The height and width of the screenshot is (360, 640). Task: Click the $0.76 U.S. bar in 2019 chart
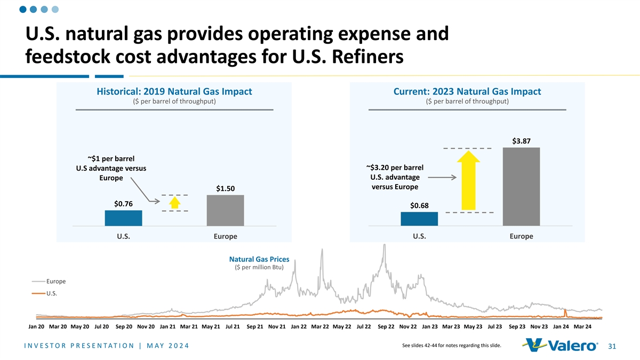pyautogui.click(x=123, y=218)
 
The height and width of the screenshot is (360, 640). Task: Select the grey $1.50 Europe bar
pyautogui.click(x=225, y=210)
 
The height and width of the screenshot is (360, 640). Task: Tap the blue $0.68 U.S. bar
pyautogui.click(x=419, y=219)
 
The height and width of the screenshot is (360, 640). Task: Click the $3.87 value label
pyautogui.click(x=521, y=141)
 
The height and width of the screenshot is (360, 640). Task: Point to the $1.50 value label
pyautogui.click(x=225, y=188)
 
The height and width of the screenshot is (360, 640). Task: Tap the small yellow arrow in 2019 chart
pyautogui.click(x=174, y=203)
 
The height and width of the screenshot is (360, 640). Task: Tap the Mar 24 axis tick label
pyautogui.click(x=582, y=327)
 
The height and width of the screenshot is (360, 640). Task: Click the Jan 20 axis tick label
pyautogui.click(x=36, y=327)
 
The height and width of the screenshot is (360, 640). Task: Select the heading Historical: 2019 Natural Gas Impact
pyautogui.click(x=174, y=92)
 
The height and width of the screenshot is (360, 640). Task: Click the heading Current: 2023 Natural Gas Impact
pyautogui.click(x=467, y=92)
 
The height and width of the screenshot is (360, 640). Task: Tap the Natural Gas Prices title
pyautogui.click(x=259, y=259)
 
